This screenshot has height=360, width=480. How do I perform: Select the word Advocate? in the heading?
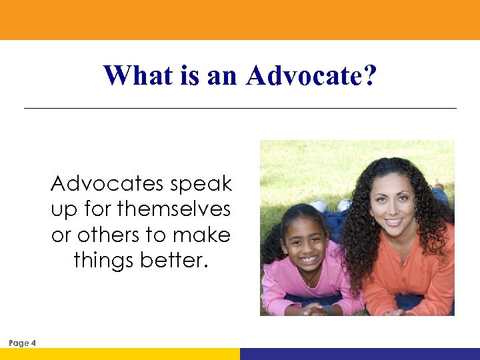[x=311, y=75]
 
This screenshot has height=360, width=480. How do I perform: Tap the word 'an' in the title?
[x=222, y=75]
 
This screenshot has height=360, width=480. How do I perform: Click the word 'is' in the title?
[x=189, y=75]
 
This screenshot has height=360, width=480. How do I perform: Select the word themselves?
[x=173, y=209]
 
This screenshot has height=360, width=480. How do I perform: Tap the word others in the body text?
[x=107, y=235]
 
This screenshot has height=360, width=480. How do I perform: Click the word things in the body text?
[x=103, y=261]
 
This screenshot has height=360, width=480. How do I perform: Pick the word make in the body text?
[x=205, y=235]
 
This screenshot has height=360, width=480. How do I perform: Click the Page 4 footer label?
[x=23, y=343]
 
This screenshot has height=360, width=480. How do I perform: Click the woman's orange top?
[x=420, y=267]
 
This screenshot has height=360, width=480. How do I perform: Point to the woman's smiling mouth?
[x=394, y=221]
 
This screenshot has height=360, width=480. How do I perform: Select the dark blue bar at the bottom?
[x=360, y=354]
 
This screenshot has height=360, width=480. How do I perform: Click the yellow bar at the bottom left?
[x=120, y=354]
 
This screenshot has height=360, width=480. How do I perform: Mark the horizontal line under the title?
[x=240, y=108]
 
